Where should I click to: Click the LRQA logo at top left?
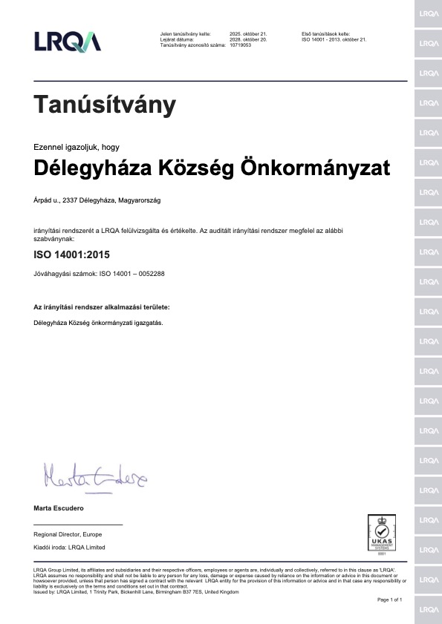pyautogui.click(x=68, y=42)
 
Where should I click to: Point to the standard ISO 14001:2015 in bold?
pyautogui.click(x=71, y=254)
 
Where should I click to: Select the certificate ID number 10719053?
pyautogui.click(x=241, y=45)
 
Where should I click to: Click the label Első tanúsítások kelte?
pyautogui.click(x=325, y=33)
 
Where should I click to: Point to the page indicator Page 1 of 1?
pyautogui.click(x=390, y=599)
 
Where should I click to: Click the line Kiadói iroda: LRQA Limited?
pyautogui.click(x=70, y=547)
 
